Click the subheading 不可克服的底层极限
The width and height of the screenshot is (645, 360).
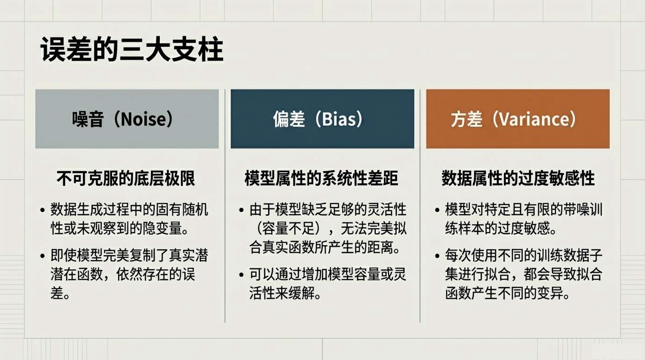[x=126, y=178]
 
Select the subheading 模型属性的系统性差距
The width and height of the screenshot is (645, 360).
[x=321, y=178]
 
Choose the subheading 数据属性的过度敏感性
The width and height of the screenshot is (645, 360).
[x=518, y=178]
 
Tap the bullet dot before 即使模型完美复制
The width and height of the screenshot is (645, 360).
[x=43, y=256]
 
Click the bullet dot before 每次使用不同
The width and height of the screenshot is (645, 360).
[x=437, y=256]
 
